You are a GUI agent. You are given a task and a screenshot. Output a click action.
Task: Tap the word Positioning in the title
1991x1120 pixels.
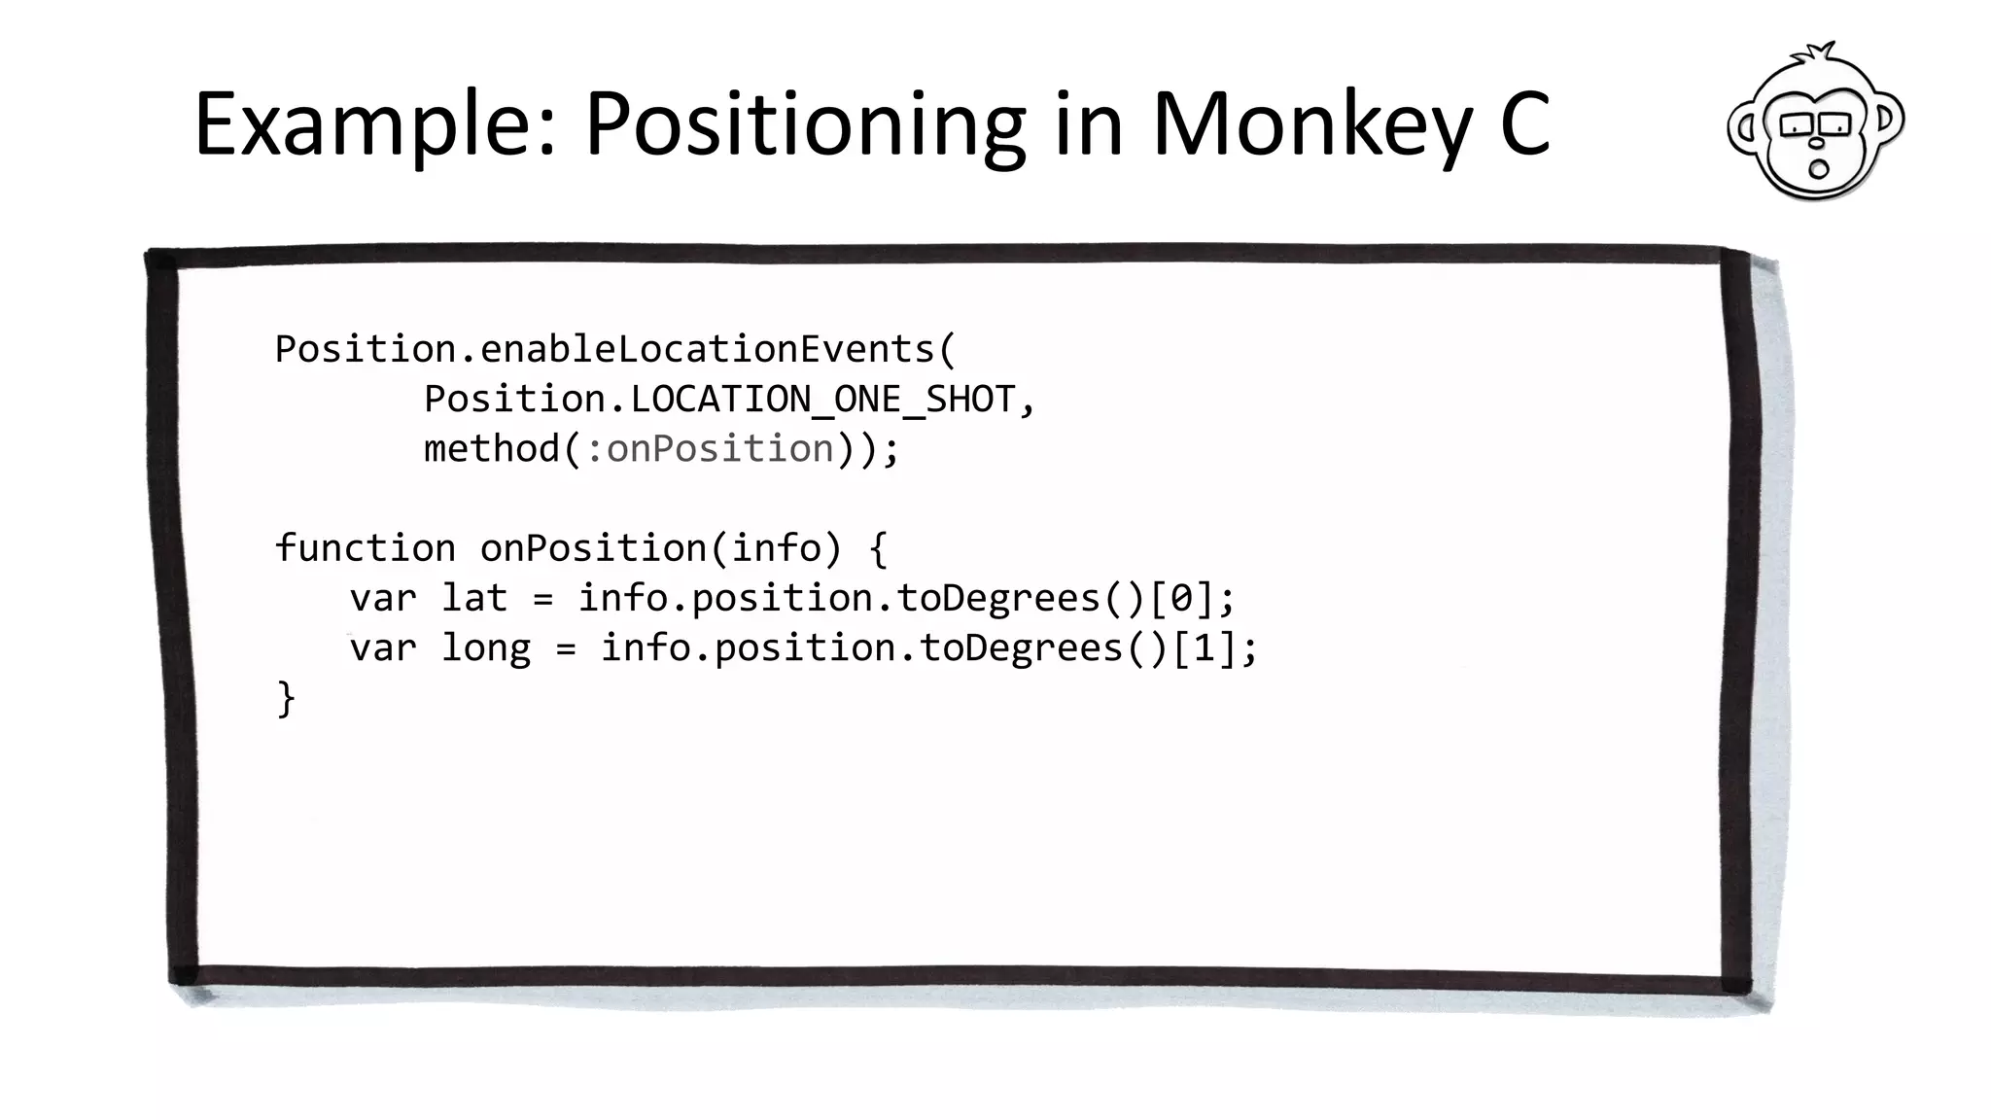[805, 124]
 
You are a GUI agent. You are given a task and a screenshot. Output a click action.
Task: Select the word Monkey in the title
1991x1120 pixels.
[1312, 124]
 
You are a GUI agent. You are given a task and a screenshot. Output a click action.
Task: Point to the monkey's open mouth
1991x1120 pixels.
[1818, 169]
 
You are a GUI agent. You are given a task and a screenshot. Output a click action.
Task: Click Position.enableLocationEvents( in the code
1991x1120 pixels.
[615, 349]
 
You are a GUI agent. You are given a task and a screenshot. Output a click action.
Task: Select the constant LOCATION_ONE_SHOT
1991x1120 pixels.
[822, 400]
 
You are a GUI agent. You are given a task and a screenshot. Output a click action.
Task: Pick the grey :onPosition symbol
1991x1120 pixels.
[711, 449]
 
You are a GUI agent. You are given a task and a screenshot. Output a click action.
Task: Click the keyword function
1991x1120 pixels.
[365, 548]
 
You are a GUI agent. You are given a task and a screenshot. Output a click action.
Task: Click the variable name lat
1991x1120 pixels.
[474, 598]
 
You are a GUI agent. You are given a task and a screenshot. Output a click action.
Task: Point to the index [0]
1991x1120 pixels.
[1181, 598]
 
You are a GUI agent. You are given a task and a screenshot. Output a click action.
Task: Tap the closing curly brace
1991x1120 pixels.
[286, 698]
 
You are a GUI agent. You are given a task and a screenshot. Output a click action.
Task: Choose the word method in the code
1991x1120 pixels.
[492, 449]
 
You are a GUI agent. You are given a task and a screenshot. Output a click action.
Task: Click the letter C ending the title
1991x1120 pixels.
[1524, 124]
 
